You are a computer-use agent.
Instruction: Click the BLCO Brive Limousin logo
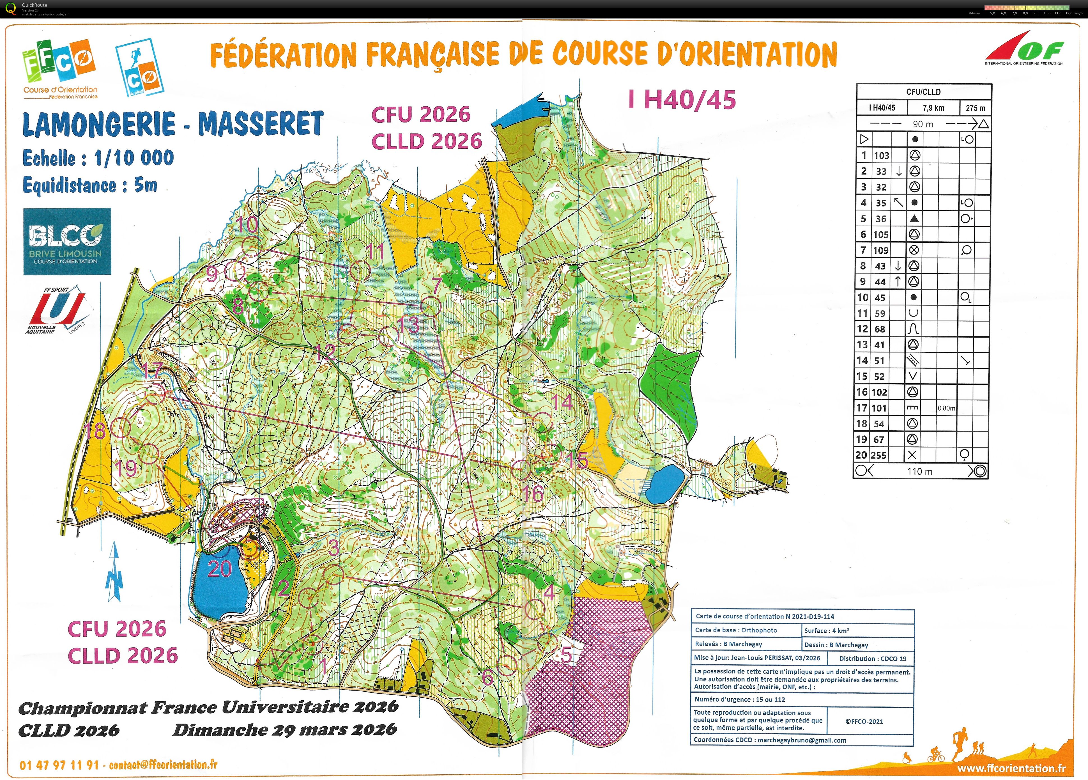67,242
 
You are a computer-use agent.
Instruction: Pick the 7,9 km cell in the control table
933,107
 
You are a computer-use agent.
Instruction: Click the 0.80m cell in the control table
946,408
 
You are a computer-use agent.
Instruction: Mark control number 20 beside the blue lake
220,569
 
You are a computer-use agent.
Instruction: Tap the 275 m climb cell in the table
975,107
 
